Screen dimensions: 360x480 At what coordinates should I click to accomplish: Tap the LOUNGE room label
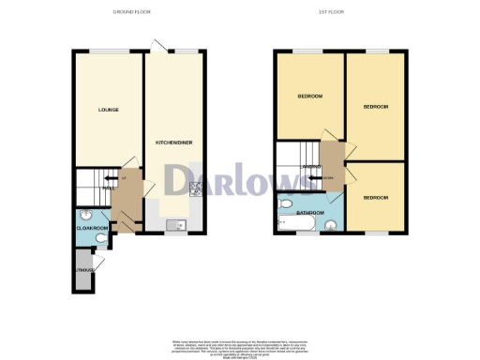click(x=108, y=111)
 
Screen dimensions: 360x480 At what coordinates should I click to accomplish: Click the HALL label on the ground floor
click(x=109, y=187)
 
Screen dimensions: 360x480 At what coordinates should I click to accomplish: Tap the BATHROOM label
click(x=310, y=213)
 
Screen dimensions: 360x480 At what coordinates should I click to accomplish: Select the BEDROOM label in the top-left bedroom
click(x=310, y=97)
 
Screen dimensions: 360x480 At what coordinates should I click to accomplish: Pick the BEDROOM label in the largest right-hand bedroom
click(x=375, y=108)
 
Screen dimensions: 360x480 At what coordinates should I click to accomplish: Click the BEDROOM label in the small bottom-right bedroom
click(x=376, y=197)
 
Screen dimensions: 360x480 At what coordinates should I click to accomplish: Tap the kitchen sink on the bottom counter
click(x=174, y=224)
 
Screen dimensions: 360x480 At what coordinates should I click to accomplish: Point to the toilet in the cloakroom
click(x=100, y=238)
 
